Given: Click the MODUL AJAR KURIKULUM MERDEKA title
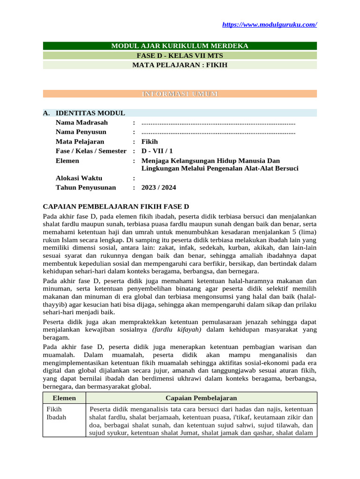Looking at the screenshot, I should pyautogui.click(x=180, y=46).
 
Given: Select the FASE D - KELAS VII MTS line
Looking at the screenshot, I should pyautogui.click(x=180, y=56).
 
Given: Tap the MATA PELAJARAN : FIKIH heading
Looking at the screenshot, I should pyautogui.click(x=180, y=65).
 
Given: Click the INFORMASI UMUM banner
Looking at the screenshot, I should pyautogui.click(x=180, y=94).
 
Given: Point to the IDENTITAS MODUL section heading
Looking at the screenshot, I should pyautogui.click(x=90, y=113).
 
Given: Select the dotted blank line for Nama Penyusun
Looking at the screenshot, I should pyautogui.click(x=218, y=132).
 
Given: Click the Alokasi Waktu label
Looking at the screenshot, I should pyautogui.click(x=79, y=178).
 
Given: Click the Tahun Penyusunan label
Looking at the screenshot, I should pyautogui.click(x=86, y=188).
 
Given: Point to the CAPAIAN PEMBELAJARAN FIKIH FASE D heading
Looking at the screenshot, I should pyautogui.click(x=116, y=206).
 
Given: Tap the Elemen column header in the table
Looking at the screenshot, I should pyautogui.click(x=64, y=398).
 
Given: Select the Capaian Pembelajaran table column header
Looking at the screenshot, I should pyautogui.click(x=201, y=398).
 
